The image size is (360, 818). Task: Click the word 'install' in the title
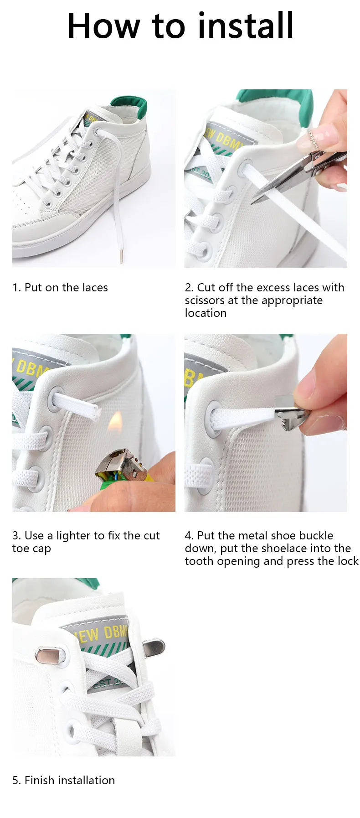pyautogui.click(x=246, y=26)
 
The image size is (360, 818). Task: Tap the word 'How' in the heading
pyautogui.click(x=103, y=26)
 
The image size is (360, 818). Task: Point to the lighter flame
pyautogui.click(x=115, y=421)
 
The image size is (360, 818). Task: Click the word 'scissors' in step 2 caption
pyautogui.click(x=205, y=300)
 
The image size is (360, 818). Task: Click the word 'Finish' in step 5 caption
pyautogui.click(x=39, y=780)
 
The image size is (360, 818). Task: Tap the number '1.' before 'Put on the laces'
pyautogui.click(x=16, y=288)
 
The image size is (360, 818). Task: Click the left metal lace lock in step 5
pyautogui.click(x=48, y=655)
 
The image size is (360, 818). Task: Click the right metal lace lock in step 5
pyautogui.click(x=154, y=647)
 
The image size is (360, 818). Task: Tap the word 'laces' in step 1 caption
pyautogui.click(x=95, y=288)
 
